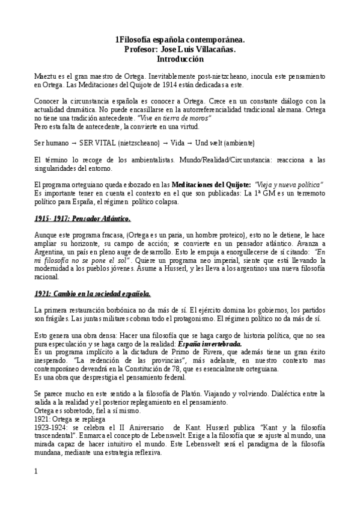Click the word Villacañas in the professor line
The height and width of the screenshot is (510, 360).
(215, 50)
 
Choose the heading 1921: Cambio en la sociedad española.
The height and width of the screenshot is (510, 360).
(93, 293)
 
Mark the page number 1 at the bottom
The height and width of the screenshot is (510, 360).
(37, 471)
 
